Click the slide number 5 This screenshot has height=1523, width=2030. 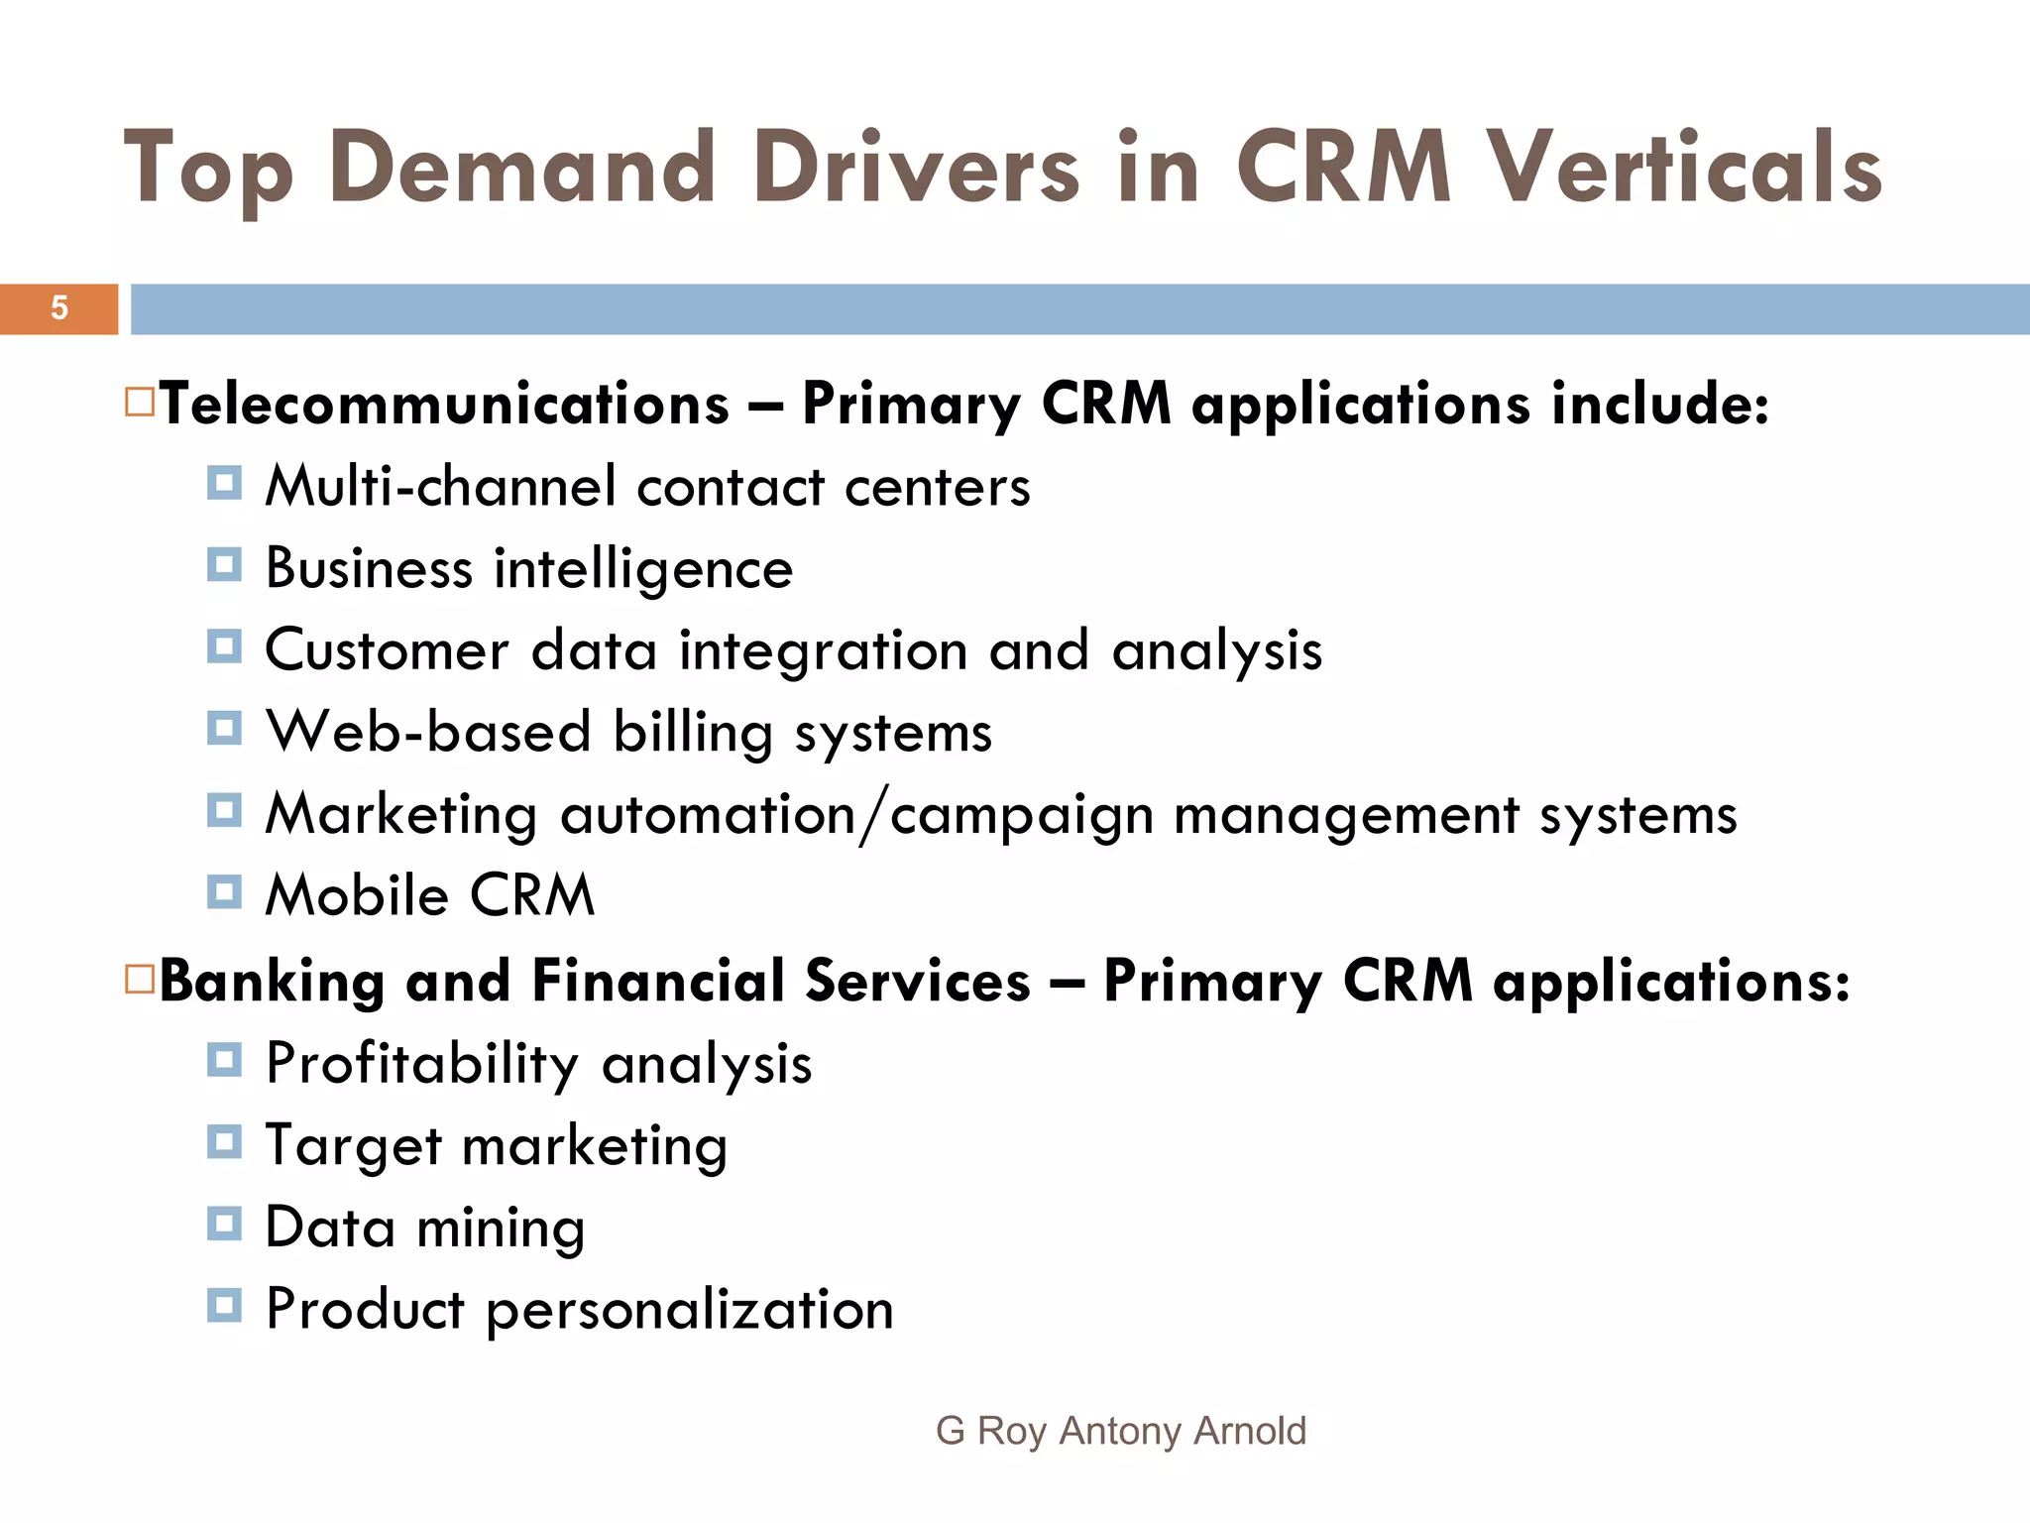[59, 308]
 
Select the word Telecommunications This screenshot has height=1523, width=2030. [445, 405]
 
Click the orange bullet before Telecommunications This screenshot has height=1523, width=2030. [140, 402]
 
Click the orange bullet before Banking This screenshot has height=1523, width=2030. [140, 980]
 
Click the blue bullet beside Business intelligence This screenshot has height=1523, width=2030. [224, 565]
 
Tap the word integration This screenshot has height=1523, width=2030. [823, 650]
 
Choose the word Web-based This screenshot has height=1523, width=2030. [428, 733]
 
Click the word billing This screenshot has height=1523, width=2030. [692, 733]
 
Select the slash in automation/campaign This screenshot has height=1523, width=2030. [872, 816]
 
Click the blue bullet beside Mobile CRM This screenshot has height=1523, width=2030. [224, 892]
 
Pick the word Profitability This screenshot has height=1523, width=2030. [422, 1065]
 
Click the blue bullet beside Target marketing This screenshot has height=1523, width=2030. [224, 1142]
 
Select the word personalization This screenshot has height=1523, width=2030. [690, 1311]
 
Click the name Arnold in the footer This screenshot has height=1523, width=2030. [1250, 1431]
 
